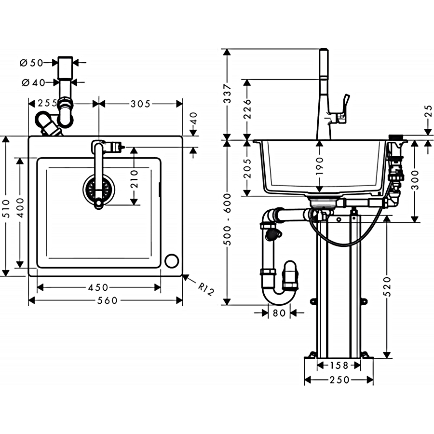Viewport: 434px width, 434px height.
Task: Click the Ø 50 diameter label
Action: [32, 63]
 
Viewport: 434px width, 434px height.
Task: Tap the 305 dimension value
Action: [141, 103]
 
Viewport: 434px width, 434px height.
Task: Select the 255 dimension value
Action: [47, 103]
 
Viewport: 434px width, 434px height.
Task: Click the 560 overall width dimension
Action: [107, 300]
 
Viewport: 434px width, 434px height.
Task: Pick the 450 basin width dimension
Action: [98, 287]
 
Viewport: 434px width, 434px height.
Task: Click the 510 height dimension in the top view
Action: [6, 206]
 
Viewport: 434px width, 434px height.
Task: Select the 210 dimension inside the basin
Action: [134, 178]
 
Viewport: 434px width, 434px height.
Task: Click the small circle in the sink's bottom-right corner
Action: [171, 260]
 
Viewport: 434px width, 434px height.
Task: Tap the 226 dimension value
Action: [247, 109]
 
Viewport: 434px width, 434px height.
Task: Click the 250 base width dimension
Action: [339, 380]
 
